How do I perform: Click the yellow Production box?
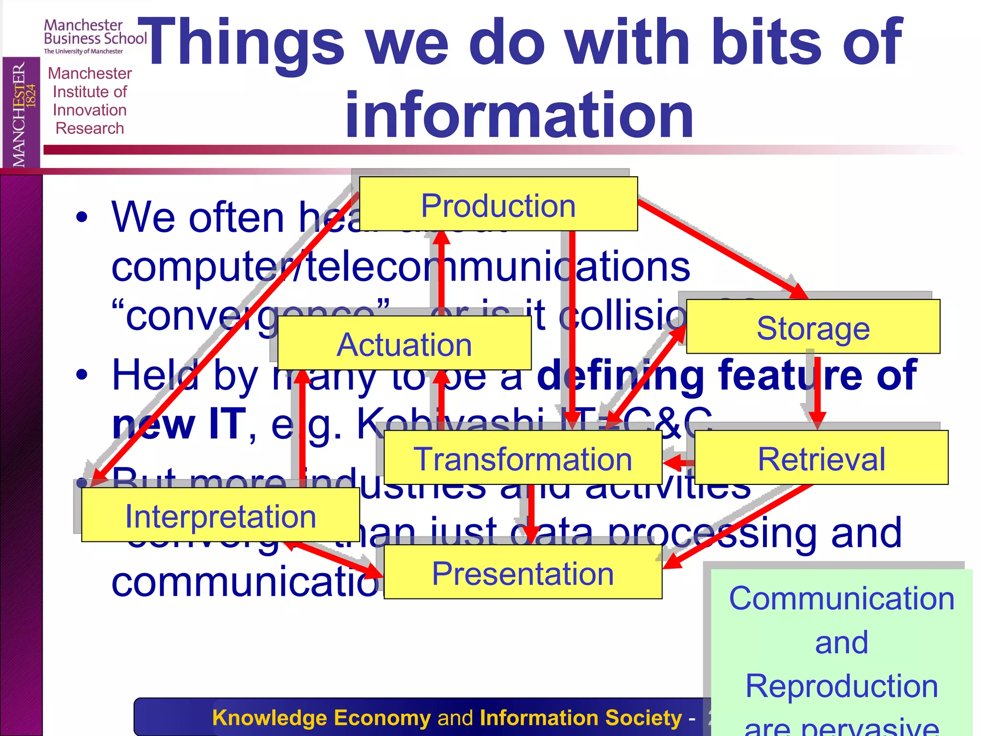coord(498,205)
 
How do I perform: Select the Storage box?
coord(813,327)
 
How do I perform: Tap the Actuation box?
coord(404,344)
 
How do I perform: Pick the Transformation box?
coord(523,458)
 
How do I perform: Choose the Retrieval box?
coord(821,458)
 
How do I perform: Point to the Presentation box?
coord(523,573)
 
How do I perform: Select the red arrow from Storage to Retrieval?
coord(817,388)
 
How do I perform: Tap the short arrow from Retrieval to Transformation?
coord(679,462)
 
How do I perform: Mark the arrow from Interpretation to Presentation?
coord(335,558)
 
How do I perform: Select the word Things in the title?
coord(242,43)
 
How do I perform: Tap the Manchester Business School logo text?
coord(95,33)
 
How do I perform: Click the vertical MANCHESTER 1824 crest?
coord(21,113)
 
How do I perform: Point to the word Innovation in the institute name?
coord(90,110)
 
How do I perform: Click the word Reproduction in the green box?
coord(841,686)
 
